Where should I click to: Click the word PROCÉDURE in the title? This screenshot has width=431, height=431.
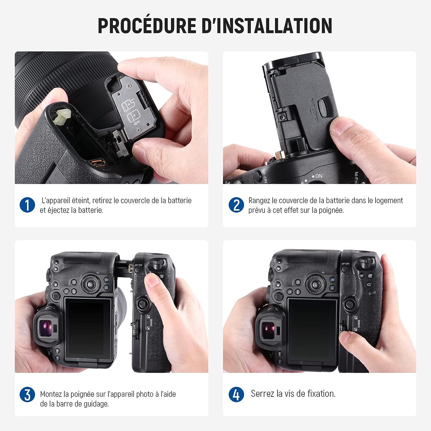pos(147,26)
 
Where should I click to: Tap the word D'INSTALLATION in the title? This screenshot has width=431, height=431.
pos(267,26)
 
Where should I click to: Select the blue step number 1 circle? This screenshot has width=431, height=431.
pos(27,205)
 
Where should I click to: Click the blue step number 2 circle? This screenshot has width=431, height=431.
pos(236,205)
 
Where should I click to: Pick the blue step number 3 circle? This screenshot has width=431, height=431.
pos(27,395)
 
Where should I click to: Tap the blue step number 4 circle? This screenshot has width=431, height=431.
pos(236,395)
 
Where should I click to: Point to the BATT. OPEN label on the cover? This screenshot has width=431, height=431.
pos(313,110)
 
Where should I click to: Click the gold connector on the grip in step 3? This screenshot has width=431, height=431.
pos(131,268)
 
